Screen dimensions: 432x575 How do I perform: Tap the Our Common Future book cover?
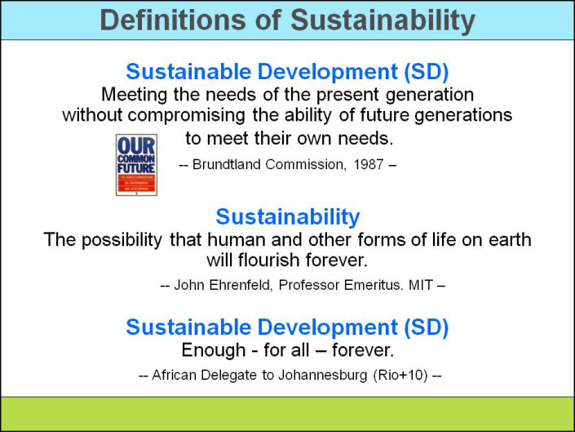tap(136, 165)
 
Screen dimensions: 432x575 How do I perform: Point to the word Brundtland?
tap(230, 164)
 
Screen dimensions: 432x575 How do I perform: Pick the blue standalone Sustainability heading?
tap(287, 217)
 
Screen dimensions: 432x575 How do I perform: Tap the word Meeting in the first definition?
tap(131, 94)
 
